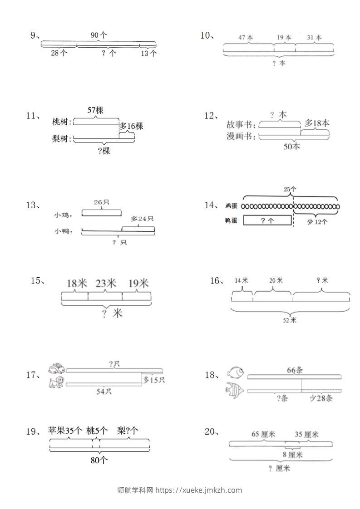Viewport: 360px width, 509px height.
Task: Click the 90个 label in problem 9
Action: (x=99, y=35)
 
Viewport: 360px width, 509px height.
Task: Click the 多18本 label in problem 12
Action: (x=317, y=123)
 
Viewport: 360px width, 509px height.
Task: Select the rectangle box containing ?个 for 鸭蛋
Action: (x=267, y=220)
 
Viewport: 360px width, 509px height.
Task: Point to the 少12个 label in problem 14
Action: (x=316, y=222)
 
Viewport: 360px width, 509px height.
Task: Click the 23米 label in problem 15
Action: (x=105, y=284)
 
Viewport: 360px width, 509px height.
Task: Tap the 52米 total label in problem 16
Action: (x=290, y=320)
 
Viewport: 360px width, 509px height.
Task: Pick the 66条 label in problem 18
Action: (x=295, y=370)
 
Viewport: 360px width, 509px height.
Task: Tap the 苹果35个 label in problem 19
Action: (x=65, y=431)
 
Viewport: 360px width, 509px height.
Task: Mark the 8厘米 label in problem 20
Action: (x=293, y=455)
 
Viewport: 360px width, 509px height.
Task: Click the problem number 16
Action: (x=215, y=281)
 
